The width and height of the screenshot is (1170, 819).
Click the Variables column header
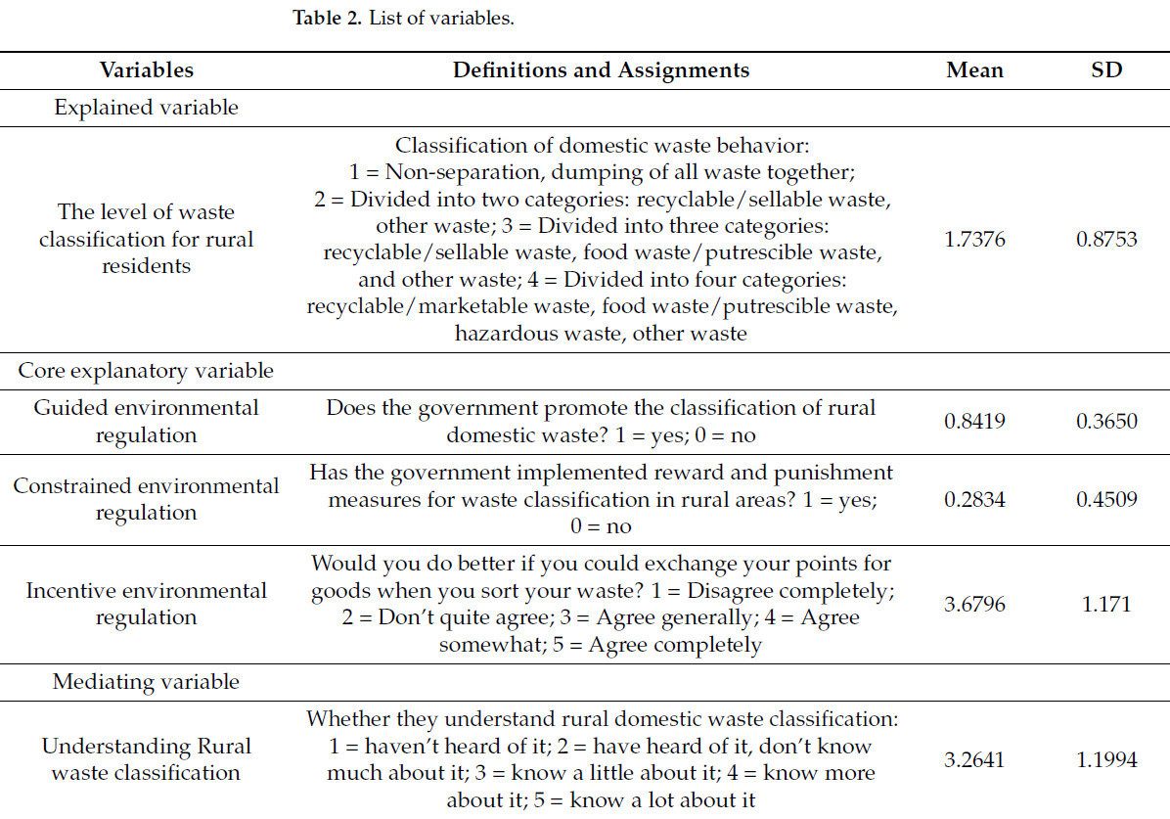click(x=146, y=70)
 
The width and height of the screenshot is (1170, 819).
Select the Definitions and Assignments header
click(x=601, y=70)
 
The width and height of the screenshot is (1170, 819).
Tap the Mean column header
click(x=974, y=70)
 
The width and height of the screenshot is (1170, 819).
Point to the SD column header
click(x=1106, y=70)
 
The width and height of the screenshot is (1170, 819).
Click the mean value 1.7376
click(x=974, y=239)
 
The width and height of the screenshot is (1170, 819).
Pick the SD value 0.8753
click(x=1106, y=239)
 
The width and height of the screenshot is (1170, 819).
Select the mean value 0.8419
click(x=974, y=422)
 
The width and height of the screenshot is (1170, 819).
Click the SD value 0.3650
click(x=1106, y=422)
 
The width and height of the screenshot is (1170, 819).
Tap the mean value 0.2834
click(x=974, y=500)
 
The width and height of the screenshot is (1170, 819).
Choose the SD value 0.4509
click(x=1106, y=500)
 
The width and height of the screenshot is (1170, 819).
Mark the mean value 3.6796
click(x=974, y=604)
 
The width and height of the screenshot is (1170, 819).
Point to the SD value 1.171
click(x=1106, y=604)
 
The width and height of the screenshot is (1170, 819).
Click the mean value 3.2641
click(x=974, y=759)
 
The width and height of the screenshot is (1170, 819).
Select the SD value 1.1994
click(x=1106, y=759)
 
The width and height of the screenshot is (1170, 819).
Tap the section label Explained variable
click(x=146, y=108)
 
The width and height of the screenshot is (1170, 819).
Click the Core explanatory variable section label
click(x=146, y=371)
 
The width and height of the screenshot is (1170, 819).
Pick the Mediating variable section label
click(x=146, y=681)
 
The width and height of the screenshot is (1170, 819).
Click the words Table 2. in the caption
click(x=328, y=20)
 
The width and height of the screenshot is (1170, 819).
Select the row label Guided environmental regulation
click(x=146, y=422)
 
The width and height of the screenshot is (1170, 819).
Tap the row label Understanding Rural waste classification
click(x=146, y=759)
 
